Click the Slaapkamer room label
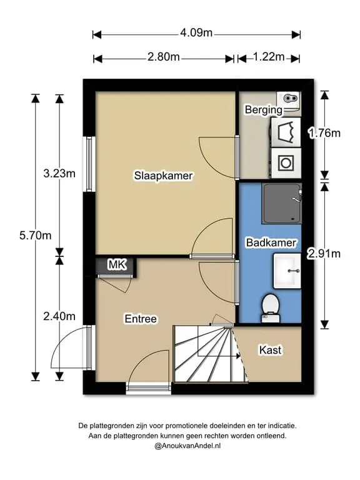click(164, 176)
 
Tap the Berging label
click(264, 109)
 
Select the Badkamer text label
click(271, 242)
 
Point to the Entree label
click(141, 319)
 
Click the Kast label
click(270, 350)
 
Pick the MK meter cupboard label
click(117, 264)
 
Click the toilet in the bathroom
click(271, 308)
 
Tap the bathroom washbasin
click(287, 271)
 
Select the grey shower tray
click(282, 204)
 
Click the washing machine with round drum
click(286, 163)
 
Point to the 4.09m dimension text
click(196, 32)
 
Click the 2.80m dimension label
click(164, 57)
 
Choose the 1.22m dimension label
click(269, 57)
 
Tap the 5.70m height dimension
click(36, 236)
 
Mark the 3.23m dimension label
click(59, 174)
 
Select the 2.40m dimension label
click(59, 316)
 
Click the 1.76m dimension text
click(324, 133)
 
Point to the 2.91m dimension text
click(324, 254)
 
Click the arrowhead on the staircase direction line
click(237, 356)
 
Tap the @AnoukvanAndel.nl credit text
click(187, 446)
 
